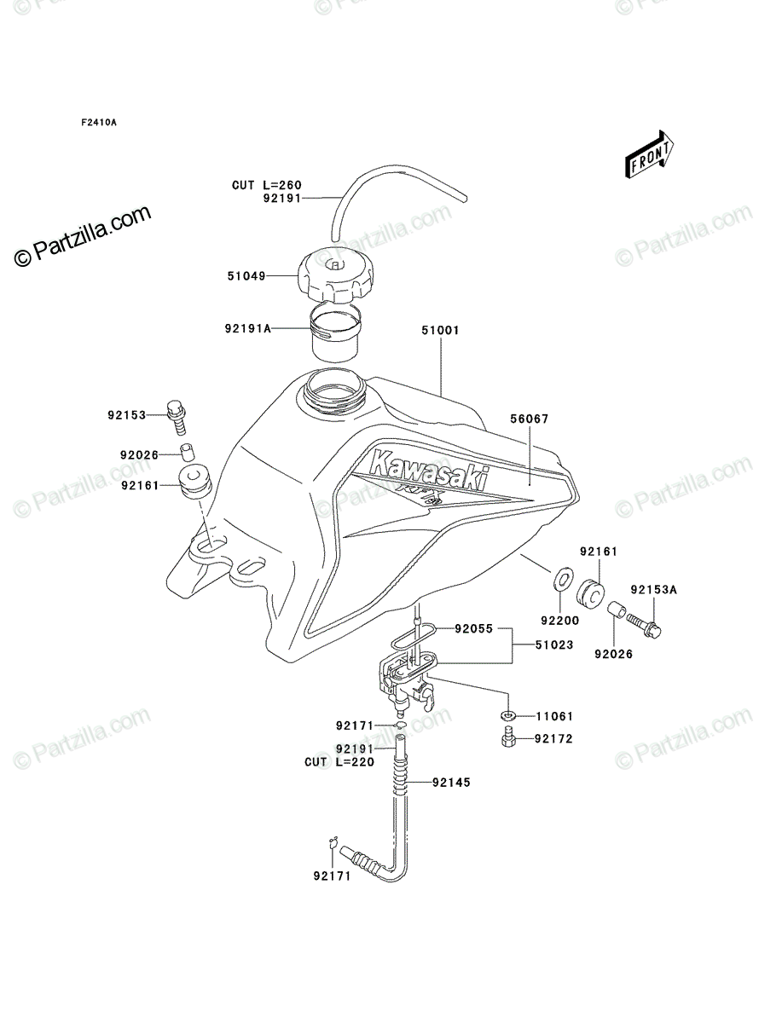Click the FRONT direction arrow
[649, 153]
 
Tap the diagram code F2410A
[99, 123]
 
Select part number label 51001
[440, 330]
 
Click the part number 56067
[530, 419]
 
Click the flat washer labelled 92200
[561, 578]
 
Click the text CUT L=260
[267, 185]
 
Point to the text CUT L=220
[339, 762]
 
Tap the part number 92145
[451, 783]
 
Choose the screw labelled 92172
[508, 737]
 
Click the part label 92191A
[248, 328]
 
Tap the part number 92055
[474, 628]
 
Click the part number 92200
[559, 621]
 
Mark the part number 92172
[553, 739]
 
